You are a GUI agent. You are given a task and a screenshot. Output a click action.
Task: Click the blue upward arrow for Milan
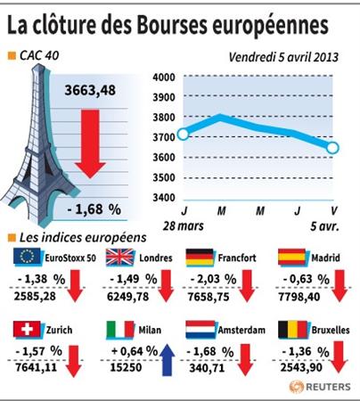[x=167, y=360]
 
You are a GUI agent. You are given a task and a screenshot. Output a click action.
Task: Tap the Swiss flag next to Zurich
[x=27, y=330]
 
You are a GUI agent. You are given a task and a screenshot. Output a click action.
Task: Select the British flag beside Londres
[x=120, y=257]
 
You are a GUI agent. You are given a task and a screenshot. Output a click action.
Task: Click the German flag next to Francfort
[x=200, y=257]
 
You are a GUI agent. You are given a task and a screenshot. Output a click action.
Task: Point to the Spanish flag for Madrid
[x=291, y=257]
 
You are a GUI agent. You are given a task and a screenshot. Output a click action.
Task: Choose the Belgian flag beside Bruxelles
[x=292, y=330]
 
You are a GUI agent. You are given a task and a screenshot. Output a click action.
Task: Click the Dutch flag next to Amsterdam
[x=200, y=330]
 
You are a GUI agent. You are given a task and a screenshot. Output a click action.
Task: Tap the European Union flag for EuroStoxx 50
[x=27, y=256]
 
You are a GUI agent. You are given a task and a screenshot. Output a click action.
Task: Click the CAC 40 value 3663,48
[x=90, y=90]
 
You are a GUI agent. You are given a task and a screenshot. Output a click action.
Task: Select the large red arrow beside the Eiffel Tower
[x=90, y=144]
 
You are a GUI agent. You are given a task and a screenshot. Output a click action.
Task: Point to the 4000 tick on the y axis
[x=164, y=78]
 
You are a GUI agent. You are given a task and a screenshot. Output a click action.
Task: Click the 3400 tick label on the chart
[x=164, y=197]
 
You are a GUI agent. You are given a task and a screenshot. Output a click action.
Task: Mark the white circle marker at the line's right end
[x=332, y=148]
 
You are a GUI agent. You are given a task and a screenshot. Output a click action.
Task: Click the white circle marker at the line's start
[x=184, y=134]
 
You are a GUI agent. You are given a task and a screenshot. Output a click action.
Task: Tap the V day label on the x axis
[x=334, y=210]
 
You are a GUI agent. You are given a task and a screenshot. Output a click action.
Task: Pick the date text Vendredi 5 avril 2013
[x=283, y=57]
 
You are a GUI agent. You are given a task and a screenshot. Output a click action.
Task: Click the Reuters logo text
[x=328, y=387]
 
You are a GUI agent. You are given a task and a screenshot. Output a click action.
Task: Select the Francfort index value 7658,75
[x=209, y=297]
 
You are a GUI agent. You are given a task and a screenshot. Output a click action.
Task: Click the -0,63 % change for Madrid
[x=307, y=279]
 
